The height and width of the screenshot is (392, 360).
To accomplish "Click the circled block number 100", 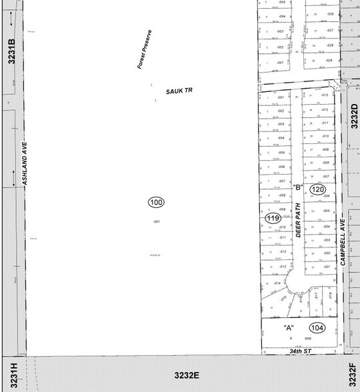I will tap(156, 202).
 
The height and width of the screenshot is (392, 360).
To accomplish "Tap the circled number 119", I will tap(272, 218).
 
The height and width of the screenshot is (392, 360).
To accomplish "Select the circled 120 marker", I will tap(317, 190).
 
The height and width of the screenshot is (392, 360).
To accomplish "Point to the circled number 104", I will tap(317, 328).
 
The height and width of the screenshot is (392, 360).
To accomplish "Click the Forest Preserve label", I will tap(145, 50).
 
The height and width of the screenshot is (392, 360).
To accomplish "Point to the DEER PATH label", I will tap(299, 221).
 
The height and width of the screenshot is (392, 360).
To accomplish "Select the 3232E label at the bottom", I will tap(188, 375).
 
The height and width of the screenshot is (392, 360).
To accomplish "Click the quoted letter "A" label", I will tap(289, 327).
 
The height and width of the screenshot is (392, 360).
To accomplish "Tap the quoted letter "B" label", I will tap(299, 187).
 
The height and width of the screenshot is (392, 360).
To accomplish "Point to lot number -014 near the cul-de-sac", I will tap(277, 283).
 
